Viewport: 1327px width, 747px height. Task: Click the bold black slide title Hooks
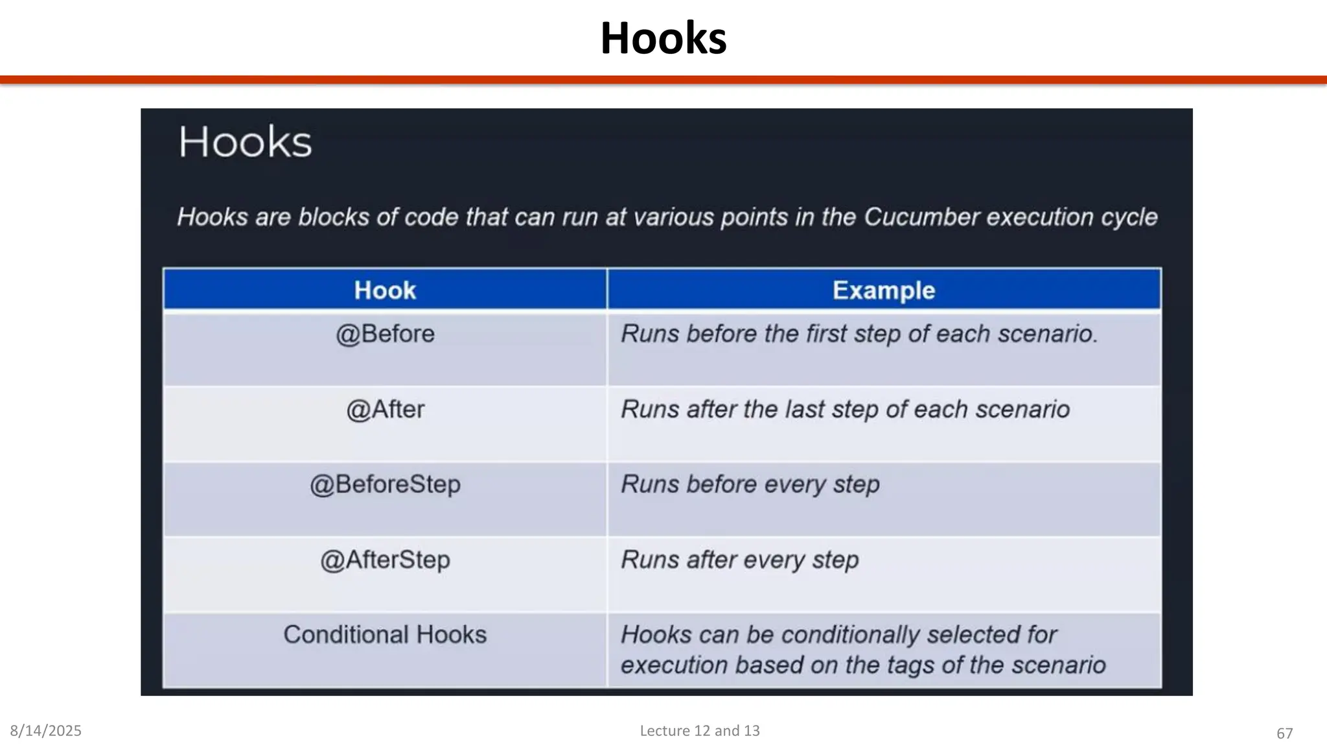[663, 38]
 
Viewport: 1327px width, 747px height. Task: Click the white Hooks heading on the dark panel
[245, 142]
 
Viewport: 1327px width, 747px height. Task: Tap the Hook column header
[385, 290]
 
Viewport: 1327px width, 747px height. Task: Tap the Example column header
[884, 290]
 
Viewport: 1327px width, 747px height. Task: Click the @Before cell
[385, 334]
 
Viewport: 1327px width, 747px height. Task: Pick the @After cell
[385, 410]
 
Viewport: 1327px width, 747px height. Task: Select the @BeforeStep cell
[385, 484]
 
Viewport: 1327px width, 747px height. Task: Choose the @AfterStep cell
[385, 560]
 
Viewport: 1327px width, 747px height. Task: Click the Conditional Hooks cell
[385, 635]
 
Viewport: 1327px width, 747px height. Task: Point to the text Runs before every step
[750, 484]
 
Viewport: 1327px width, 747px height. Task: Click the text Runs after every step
[740, 560]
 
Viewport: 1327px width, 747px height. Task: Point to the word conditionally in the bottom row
[850, 635]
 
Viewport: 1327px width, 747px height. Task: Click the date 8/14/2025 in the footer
[46, 731]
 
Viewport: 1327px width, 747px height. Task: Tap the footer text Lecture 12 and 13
[700, 731]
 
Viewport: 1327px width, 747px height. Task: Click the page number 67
[1284, 733]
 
